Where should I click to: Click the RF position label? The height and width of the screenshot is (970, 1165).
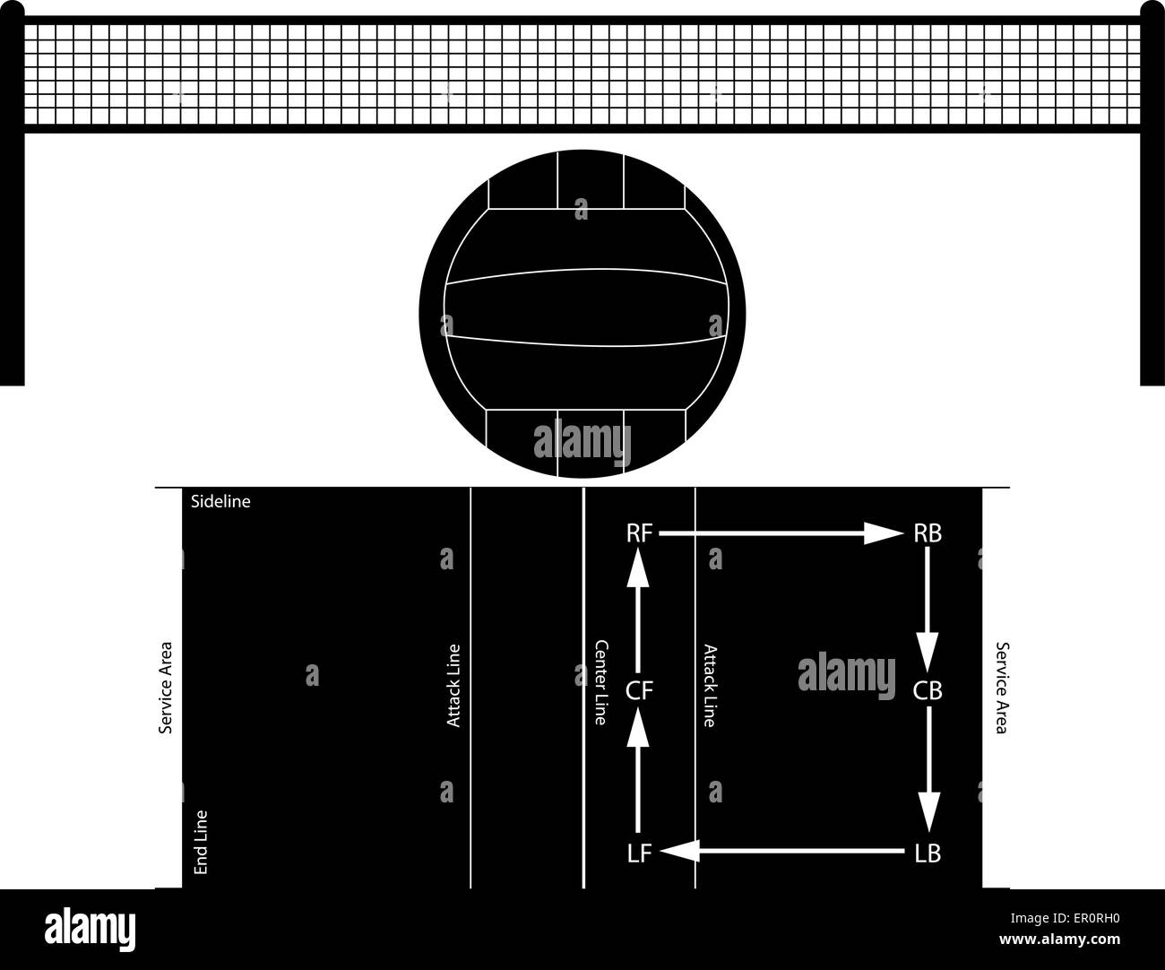click(639, 533)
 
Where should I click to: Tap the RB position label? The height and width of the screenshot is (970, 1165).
click(928, 533)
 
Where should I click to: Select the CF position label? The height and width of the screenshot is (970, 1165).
click(639, 690)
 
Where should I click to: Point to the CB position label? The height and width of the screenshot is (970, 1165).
click(928, 690)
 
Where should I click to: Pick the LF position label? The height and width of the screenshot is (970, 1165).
click(639, 854)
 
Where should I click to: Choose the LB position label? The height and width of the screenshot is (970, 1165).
click(928, 854)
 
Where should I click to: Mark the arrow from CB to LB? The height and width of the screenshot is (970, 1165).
click(928, 771)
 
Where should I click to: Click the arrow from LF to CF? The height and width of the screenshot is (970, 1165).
click(638, 771)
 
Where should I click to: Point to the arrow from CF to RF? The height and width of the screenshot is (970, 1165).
click(638, 610)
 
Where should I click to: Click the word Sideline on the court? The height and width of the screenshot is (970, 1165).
click(220, 502)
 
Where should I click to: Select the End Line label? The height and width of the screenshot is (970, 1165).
click(201, 843)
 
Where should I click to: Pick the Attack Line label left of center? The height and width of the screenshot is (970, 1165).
click(453, 686)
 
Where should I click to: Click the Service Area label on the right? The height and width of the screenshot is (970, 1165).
click(1002, 687)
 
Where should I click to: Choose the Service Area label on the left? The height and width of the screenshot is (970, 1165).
click(165, 687)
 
